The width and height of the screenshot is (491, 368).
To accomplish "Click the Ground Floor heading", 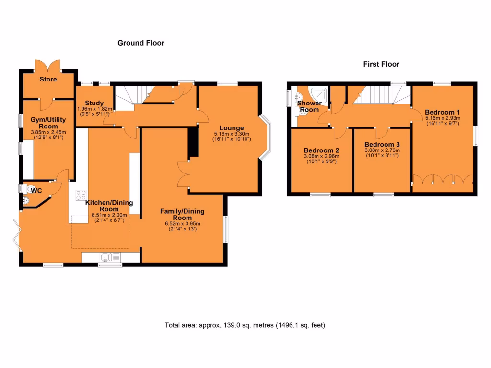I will point(141,43).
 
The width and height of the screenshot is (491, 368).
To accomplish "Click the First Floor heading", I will point(381,64).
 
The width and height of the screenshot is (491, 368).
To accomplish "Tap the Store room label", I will point(48,79).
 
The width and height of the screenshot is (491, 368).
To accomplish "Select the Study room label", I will point(94,103).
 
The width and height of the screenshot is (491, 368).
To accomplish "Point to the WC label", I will point(36,191).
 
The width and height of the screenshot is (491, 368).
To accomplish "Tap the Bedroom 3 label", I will point(382,144).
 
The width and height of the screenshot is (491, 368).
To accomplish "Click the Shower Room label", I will point(309,106).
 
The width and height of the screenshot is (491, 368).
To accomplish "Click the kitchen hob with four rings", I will point(81,195).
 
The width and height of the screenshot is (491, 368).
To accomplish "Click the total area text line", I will point(245,325).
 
